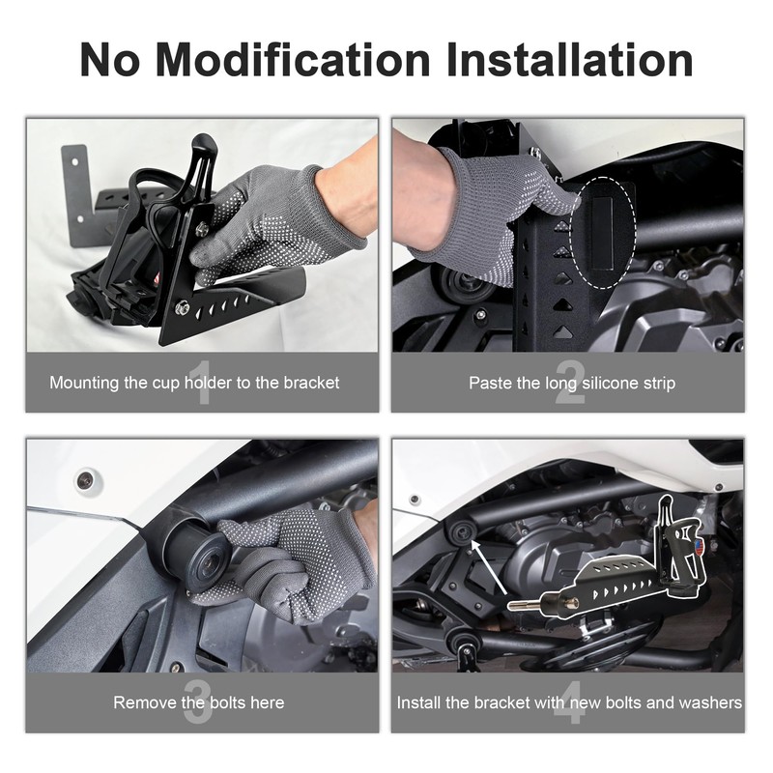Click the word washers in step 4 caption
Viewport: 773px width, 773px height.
(712, 702)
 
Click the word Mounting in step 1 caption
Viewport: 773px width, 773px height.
(84, 383)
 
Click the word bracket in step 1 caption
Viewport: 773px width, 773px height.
(312, 383)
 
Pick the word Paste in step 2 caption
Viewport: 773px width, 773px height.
(489, 383)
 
